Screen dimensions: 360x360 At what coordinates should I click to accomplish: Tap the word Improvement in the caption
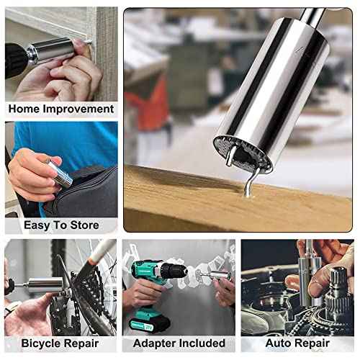pyautogui.click(x=79, y=109)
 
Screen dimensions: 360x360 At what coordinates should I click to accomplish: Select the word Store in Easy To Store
pyautogui.click(x=84, y=225)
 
